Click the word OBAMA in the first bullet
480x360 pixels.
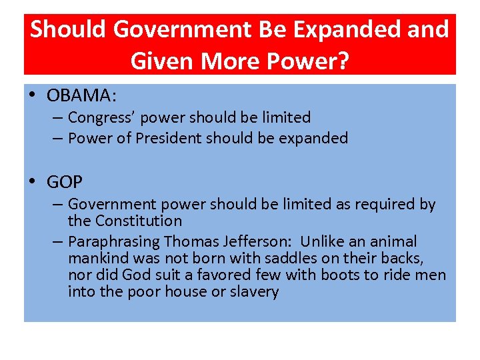pos(80,96)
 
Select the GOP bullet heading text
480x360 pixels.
pos(65,182)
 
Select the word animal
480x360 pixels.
pos(392,241)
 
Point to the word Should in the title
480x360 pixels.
pos(70,29)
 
